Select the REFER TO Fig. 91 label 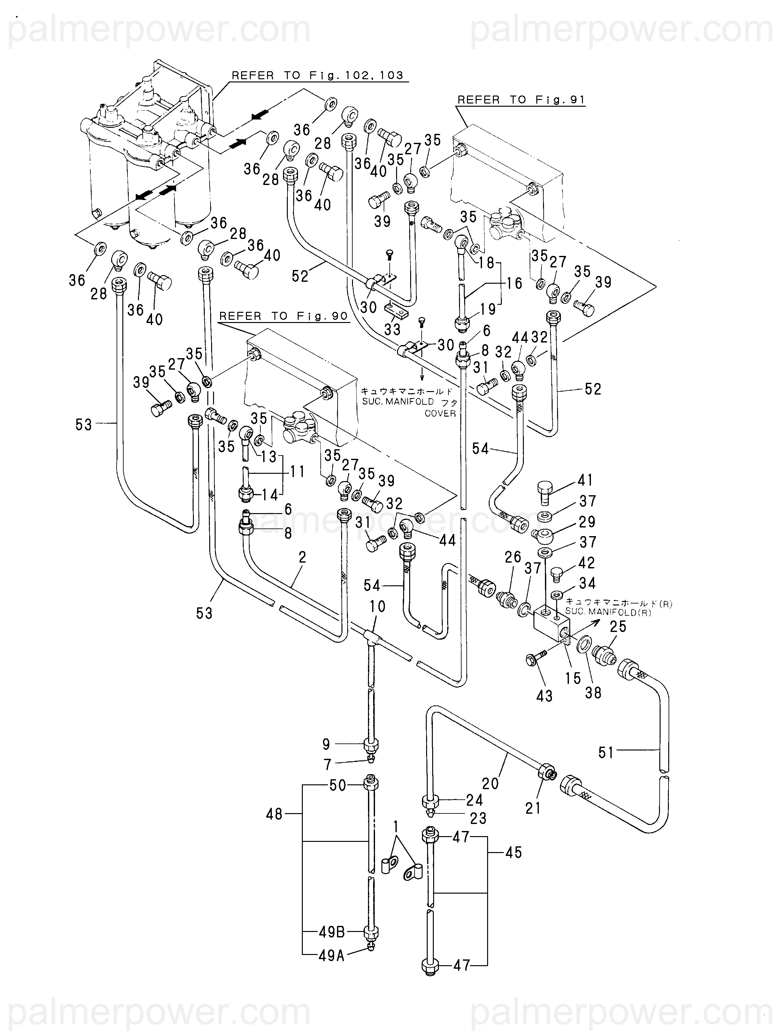(x=521, y=100)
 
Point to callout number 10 (x=378, y=606)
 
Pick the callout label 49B (x=332, y=933)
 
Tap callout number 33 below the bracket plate (x=392, y=329)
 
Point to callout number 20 (x=490, y=783)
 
